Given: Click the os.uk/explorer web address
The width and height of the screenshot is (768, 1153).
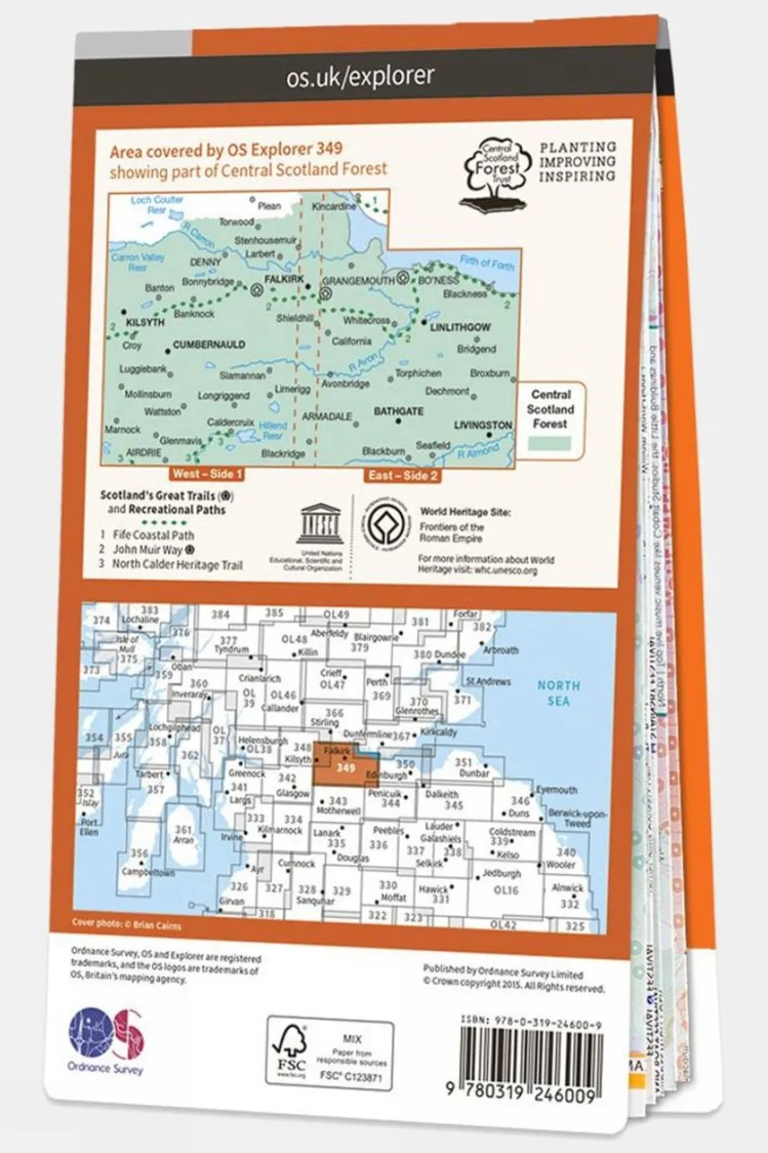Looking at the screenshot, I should pyautogui.click(x=360, y=76).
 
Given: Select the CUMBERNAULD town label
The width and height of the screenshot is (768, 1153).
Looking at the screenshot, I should pyautogui.click(x=209, y=345).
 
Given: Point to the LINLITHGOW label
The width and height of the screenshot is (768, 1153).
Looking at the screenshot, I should pyautogui.click(x=460, y=327).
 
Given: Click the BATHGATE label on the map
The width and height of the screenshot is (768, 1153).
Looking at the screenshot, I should pyautogui.click(x=399, y=411).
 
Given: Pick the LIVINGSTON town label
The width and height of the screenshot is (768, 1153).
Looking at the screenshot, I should pyautogui.click(x=483, y=425).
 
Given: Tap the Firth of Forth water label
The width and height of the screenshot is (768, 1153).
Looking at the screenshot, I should pyautogui.click(x=487, y=263).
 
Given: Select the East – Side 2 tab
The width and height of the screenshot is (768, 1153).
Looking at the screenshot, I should pyautogui.click(x=403, y=475).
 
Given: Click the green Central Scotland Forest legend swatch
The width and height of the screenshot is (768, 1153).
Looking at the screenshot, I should pyautogui.click(x=549, y=443).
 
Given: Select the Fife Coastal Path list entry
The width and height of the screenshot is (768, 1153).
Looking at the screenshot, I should pyautogui.click(x=153, y=534).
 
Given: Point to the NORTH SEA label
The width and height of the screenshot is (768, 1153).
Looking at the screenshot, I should pyautogui.click(x=558, y=693).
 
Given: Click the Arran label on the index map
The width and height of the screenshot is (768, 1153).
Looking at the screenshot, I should pyautogui.click(x=183, y=840).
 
